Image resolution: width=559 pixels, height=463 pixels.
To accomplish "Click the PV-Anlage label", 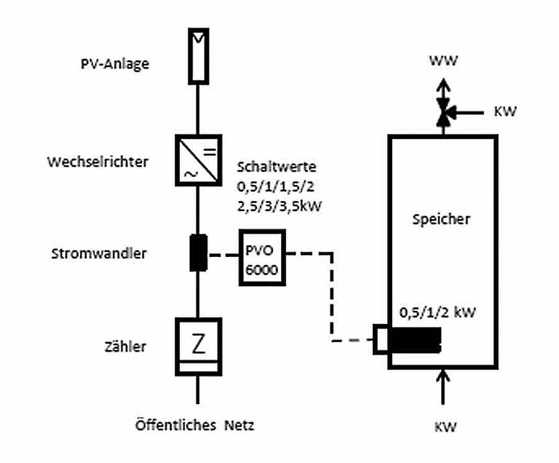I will tap(115, 63).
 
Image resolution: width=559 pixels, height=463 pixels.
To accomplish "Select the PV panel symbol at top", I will tap(198, 55).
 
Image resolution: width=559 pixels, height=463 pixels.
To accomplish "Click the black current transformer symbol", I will tap(198, 253).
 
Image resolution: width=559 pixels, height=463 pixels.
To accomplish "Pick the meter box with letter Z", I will tap(198, 347).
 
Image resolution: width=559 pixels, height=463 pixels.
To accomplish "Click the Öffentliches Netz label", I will tap(195, 424).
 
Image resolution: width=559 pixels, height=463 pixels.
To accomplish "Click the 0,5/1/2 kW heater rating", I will tap(436, 312).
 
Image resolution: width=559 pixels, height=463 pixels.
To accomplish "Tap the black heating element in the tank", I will tap(415, 340).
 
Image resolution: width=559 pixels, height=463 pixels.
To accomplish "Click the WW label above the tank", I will tap(443, 62).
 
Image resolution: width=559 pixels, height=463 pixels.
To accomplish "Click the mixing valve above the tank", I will tap(443, 113).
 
